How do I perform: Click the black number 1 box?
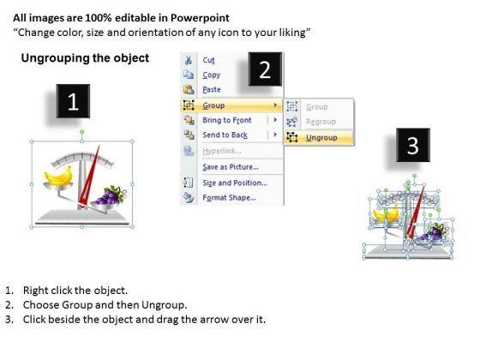point(73,101)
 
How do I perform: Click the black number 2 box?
point(265,69)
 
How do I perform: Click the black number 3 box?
point(413,145)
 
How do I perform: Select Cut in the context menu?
point(209,60)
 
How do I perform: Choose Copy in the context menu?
point(211,75)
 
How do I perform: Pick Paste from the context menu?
point(212,90)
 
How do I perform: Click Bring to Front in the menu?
point(227,120)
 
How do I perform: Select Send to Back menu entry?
point(225,135)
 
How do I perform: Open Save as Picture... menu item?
point(231,167)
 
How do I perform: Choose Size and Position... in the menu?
point(235,183)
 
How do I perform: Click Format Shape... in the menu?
point(230,198)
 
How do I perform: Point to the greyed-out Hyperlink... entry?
point(222,151)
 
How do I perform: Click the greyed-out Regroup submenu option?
point(321,122)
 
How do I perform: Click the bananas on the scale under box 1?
point(59,176)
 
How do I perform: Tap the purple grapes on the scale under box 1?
point(110,196)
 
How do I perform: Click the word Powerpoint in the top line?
point(200,18)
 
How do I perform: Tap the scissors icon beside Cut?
point(189,60)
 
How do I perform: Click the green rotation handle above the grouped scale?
point(82,132)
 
